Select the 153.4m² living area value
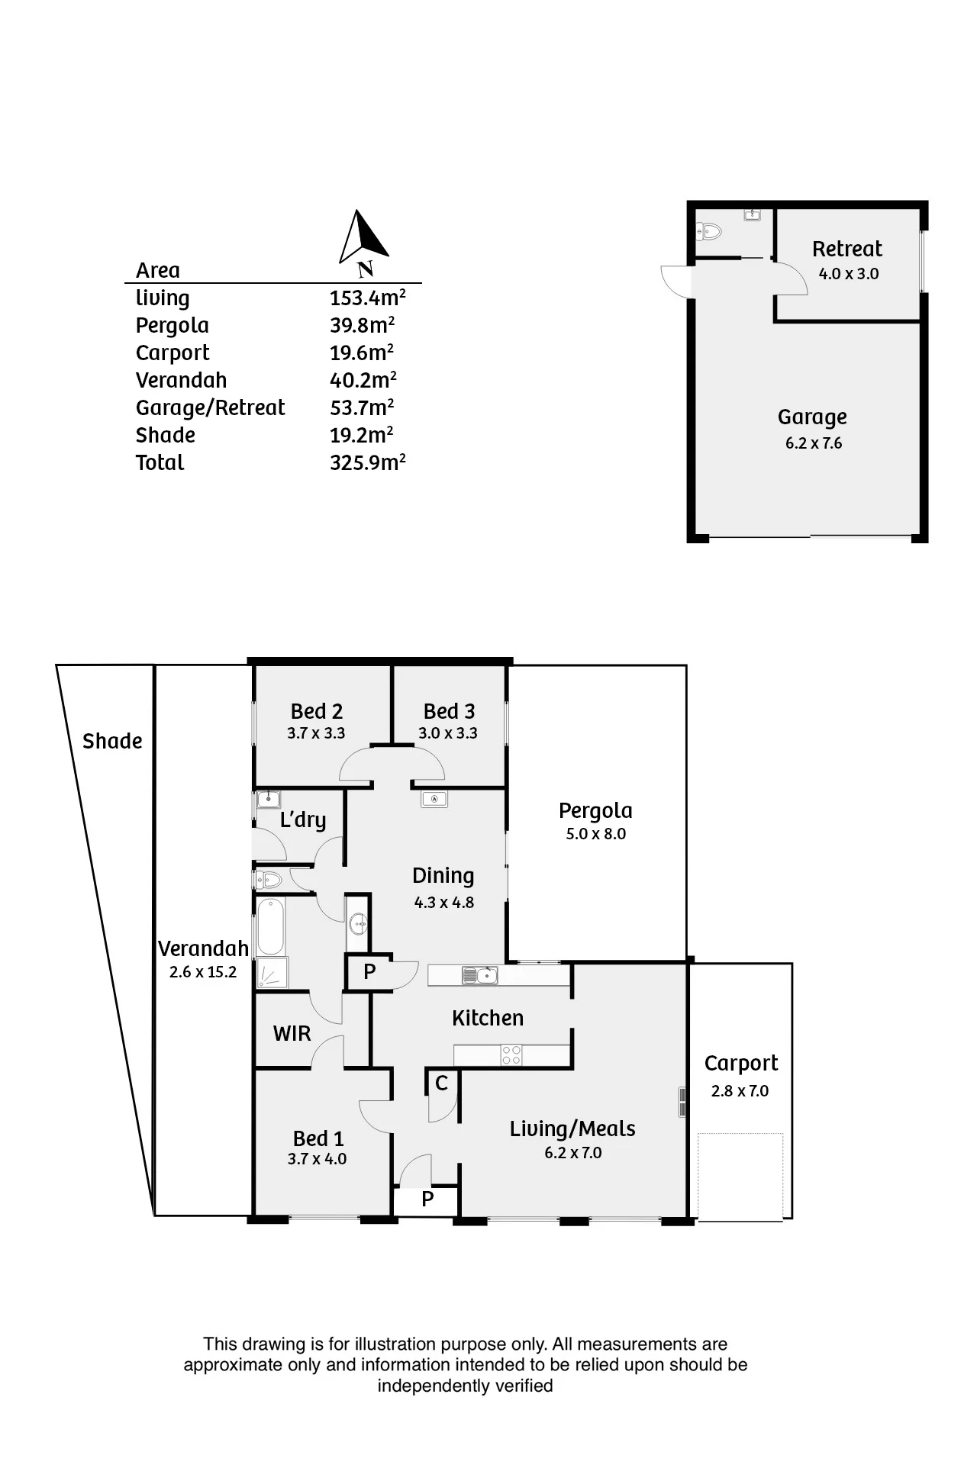click(367, 298)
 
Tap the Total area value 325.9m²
click(367, 462)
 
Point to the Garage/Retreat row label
click(210, 408)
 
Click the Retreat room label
click(846, 249)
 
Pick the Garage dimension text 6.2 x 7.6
click(814, 443)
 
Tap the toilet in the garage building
click(709, 230)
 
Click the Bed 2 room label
click(317, 711)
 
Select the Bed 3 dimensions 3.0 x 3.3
click(448, 733)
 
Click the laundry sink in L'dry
click(268, 800)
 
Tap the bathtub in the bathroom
click(271, 926)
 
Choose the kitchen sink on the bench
click(479, 975)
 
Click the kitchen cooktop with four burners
click(511, 1055)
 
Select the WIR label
click(292, 1034)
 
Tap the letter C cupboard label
click(441, 1083)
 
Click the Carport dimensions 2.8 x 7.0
click(740, 1091)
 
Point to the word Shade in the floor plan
click(112, 741)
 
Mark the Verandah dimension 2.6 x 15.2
click(203, 972)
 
